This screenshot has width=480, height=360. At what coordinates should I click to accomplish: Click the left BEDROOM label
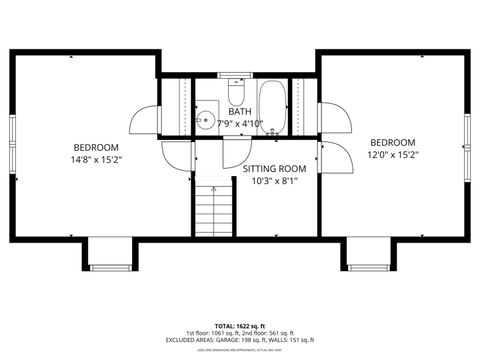[96, 147]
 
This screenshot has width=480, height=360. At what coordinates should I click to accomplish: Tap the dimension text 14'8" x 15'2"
[96, 159]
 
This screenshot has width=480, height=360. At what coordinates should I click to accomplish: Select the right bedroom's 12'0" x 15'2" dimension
[393, 154]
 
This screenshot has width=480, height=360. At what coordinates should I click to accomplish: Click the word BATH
[239, 112]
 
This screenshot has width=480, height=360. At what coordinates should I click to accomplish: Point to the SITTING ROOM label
[274, 169]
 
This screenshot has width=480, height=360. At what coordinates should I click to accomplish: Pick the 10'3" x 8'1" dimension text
[274, 181]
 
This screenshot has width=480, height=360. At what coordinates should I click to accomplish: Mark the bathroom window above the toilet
[236, 75]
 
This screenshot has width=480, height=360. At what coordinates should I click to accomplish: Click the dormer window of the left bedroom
[105, 267]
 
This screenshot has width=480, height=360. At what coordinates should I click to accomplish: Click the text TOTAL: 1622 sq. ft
[239, 326]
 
